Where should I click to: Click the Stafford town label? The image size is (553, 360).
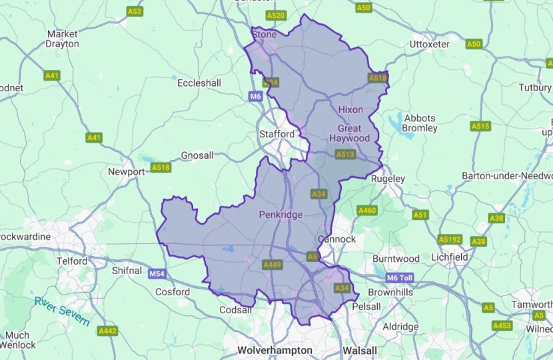coord(276,134)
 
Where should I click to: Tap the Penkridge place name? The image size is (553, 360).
coord(280,215)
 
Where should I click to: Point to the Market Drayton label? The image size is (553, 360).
coord(63,39)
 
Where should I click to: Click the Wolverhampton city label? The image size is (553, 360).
coord(275,350)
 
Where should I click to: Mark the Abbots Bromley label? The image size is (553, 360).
coord(420,122)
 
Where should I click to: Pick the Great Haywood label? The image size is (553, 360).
coord(350,133)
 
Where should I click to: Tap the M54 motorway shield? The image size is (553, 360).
coord(157,273)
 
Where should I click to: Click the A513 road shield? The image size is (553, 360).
coord(345,154)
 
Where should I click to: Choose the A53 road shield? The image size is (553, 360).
coord(135,11)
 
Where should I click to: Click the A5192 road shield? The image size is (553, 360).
coord(450,239)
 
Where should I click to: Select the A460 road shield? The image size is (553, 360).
coord(367,211)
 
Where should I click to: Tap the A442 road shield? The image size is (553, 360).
coord(107,331)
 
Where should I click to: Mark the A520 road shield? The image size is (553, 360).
coord(275,15)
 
